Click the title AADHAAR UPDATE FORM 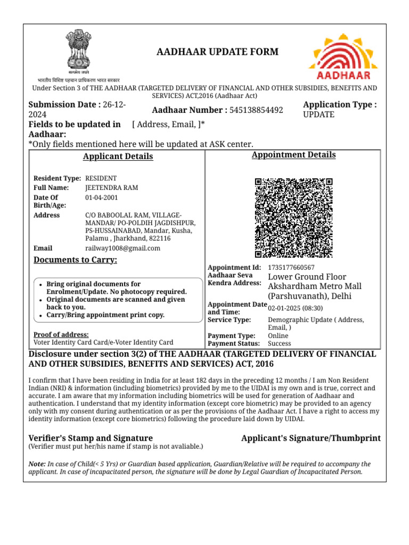(x=217, y=52)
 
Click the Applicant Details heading (x=118, y=156)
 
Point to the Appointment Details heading (x=293, y=155)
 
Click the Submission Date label (x=64, y=105)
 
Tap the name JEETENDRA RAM (x=111, y=188)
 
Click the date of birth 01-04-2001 (x=102, y=197)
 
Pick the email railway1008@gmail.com (x=122, y=248)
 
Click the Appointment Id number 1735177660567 (x=291, y=267)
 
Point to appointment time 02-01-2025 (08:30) (x=296, y=308)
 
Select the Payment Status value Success (x=280, y=344)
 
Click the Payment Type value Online (x=278, y=336)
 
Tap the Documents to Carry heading (x=75, y=260)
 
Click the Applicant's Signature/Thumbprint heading (x=310, y=438)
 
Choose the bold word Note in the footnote (x=37, y=464)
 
